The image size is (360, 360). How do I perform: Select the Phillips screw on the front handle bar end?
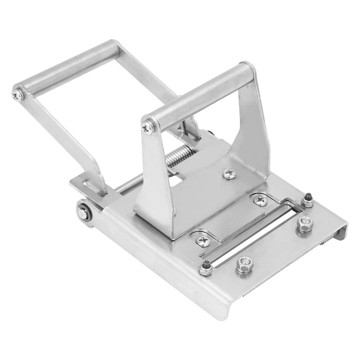click(x=147, y=127)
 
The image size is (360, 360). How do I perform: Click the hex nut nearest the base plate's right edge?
click(x=305, y=224)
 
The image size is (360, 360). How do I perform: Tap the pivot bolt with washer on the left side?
click(x=83, y=214)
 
